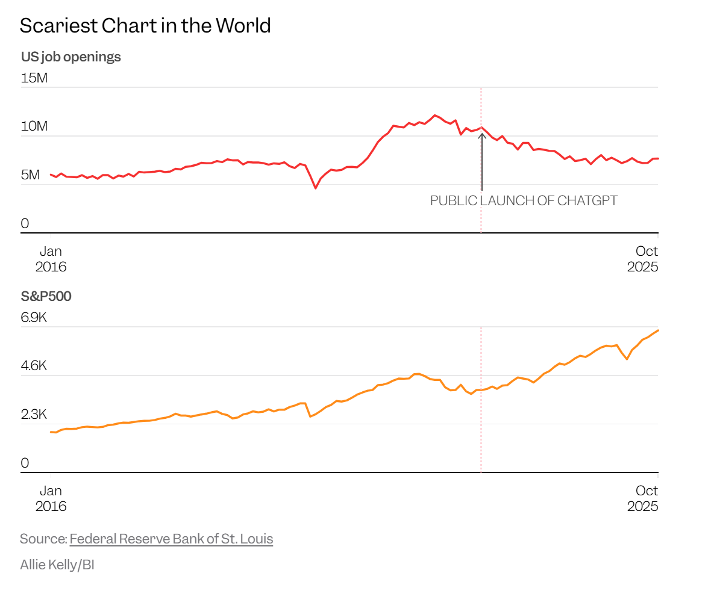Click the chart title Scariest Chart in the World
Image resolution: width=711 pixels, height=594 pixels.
click(x=145, y=25)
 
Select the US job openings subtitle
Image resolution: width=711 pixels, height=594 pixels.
click(x=70, y=57)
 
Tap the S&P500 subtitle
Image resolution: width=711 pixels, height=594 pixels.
click(x=46, y=295)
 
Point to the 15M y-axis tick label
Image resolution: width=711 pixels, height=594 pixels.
click(x=34, y=78)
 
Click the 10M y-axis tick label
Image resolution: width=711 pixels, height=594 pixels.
click(x=34, y=126)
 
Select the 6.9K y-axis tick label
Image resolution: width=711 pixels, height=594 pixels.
click(x=34, y=317)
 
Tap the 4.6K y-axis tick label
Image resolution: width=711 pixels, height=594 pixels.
click(x=34, y=366)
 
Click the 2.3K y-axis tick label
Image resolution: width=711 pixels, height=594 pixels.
click(x=34, y=415)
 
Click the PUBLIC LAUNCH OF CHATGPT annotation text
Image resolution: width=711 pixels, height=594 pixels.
click(x=524, y=201)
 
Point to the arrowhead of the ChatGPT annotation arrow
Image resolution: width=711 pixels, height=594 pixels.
click(x=481, y=134)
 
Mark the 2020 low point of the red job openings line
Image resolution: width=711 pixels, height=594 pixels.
click(x=315, y=188)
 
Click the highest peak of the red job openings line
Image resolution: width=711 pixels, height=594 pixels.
click(x=434, y=115)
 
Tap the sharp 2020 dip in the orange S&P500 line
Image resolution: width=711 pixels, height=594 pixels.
click(x=310, y=416)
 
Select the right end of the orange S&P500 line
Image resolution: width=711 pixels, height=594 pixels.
click(x=658, y=330)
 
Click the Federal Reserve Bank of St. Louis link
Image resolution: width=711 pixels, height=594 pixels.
click(x=171, y=539)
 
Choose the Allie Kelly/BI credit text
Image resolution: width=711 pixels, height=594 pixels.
click(x=57, y=565)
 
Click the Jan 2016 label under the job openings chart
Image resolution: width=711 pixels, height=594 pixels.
click(x=51, y=259)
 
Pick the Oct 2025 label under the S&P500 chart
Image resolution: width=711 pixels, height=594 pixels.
click(x=642, y=498)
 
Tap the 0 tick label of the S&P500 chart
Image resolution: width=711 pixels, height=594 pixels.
click(x=25, y=463)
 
